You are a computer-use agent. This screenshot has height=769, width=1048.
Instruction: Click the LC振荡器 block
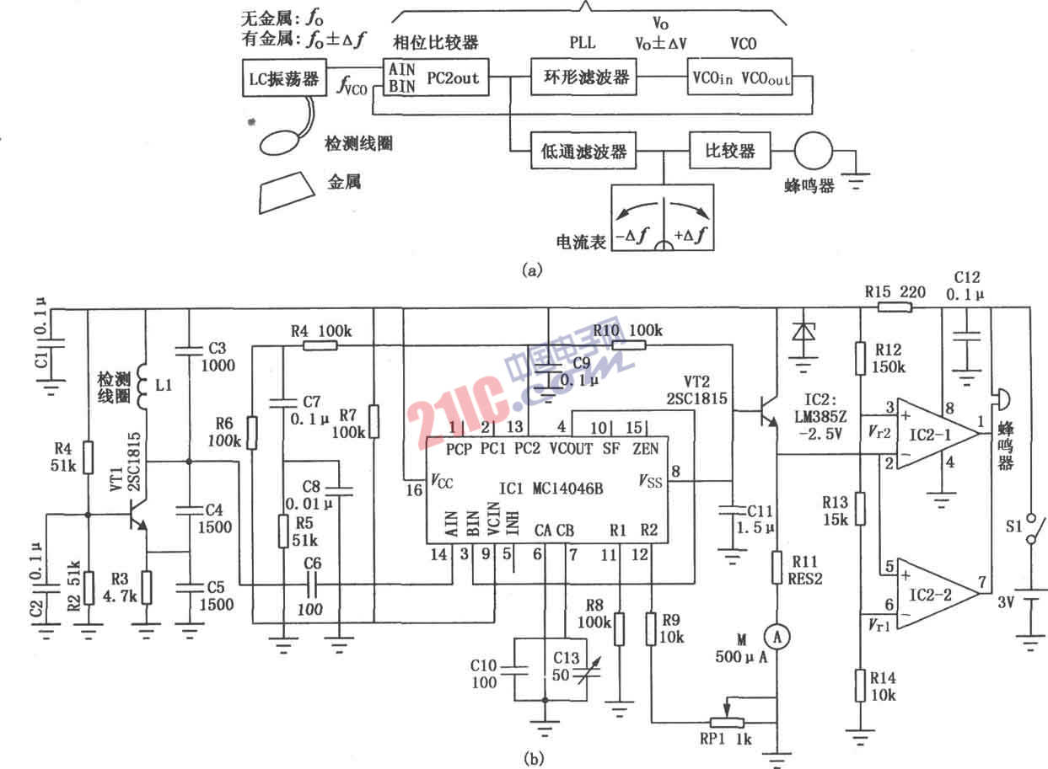[x=281, y=80]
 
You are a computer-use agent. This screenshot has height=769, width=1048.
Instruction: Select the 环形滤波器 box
[x=583, y=78]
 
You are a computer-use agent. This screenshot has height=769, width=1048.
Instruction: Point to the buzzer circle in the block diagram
[x=814, y=152]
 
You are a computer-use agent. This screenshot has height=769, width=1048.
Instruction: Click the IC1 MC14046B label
[x=551, y=486]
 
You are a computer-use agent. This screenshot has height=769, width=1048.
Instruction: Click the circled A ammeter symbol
[x=779, y=638]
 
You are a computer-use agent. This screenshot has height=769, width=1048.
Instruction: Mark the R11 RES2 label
[x=796, y=569]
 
